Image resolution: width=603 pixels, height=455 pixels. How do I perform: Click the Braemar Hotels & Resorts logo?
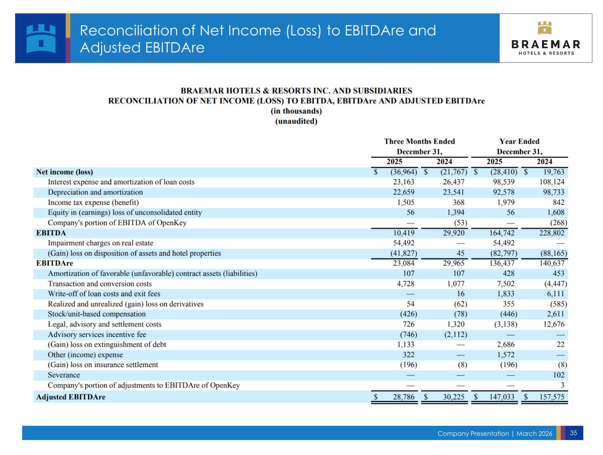pos(546,38)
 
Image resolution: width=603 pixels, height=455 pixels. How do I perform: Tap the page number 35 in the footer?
pos(573,433)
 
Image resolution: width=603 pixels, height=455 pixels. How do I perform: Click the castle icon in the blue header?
pos(41,38)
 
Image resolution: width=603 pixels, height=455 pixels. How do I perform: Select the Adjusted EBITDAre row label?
pos(71,397)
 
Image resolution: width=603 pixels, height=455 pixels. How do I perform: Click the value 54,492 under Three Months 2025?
pos(404,243)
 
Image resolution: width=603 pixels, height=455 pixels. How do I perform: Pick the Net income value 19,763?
pos(554,172)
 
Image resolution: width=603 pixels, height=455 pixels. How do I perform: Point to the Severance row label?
pos(64,375)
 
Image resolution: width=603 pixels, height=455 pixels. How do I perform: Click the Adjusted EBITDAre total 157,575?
pos(552,397)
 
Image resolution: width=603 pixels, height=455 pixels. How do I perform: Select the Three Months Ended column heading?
pos(419,141)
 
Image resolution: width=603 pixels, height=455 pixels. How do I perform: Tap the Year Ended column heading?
pos(520,141)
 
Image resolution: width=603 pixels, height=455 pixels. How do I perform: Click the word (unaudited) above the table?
pos(296,121)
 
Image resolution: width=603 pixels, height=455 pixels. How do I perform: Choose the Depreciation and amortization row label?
pos(95,192)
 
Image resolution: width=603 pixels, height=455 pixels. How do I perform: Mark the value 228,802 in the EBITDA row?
pos(552,233)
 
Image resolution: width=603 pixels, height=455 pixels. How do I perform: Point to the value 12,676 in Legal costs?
pos(555,324)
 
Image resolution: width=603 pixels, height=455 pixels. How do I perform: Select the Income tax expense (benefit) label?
pos(93,202)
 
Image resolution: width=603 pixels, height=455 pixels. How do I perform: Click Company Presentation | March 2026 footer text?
pos(495,433)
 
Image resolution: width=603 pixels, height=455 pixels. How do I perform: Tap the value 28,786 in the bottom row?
pos(404,397)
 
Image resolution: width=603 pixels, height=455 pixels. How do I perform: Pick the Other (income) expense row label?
pos(85,355)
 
